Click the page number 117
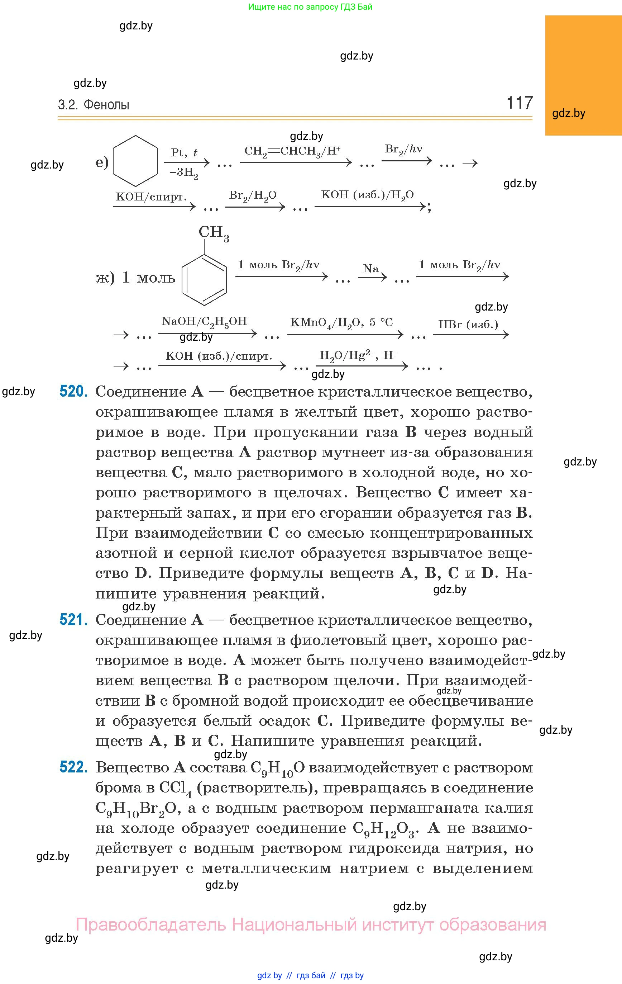pyautogui.click(x=519, y=102)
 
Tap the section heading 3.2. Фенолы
pyautogui.click(x=94, y=105)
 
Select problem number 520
pyautogui.click(x=73, y=392)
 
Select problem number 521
pyautogui.click(x=73, y=620)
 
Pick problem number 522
pyautogui.click(x=73, y=767)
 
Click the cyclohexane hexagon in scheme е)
pyautogui.click(x=135, y=161)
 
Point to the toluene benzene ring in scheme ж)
pyautogui.click(x=204, y=280)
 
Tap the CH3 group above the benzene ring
pyautogui.click(x=214, y=233)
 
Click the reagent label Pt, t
pyautogui.click(x=184, y=152)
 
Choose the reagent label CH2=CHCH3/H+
pyautogui.click(x=292, y=152)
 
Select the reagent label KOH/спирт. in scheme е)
pyautogui.click(x=151, y=197)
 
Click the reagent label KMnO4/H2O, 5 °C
pyautogui.click(x=341, y=323)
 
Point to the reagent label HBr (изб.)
pyautogui.click(x=468, y=325)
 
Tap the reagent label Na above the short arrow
pyautogui.click(x=371, y=269)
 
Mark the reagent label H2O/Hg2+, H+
pyautogui.click(x=358, y=355)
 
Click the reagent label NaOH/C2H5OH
pyautogui.click(x=204, y=322)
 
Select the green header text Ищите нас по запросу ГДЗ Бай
pyautogui.click(x=310, y=7)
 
